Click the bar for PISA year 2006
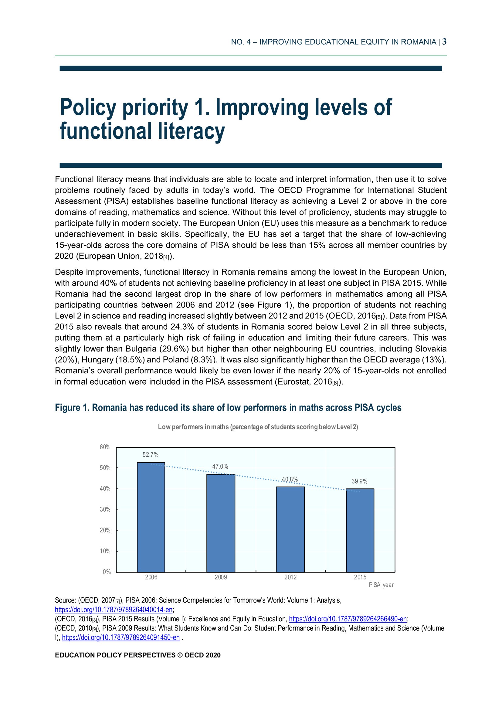point(151,517)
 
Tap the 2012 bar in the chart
point(290,529)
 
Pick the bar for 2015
point(360,530)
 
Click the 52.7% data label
point(151,455)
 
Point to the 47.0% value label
point(220,466)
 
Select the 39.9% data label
point(359,481)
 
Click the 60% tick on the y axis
point(105,447)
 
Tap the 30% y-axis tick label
point(105,509)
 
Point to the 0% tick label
point(107,572)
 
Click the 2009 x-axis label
point(221,577)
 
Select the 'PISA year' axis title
point(381,585)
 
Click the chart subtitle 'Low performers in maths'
point(258,427)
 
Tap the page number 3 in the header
point(444,42)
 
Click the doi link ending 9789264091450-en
point(121,637)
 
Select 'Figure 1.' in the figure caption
point(72,408)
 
